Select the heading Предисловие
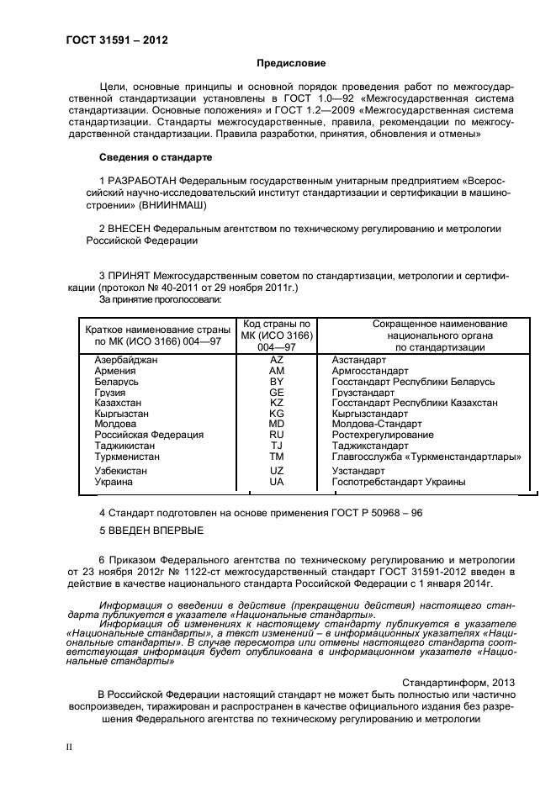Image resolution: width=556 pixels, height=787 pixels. pos(290,63)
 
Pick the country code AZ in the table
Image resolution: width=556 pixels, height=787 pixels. pos(277,359)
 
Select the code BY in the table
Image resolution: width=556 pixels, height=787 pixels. pos(277,381)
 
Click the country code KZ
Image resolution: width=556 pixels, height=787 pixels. pos(277,403)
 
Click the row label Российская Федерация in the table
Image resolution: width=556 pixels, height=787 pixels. pos(149,436)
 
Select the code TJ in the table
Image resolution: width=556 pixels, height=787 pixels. pos(277,446)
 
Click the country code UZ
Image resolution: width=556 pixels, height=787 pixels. pos(277,471)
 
